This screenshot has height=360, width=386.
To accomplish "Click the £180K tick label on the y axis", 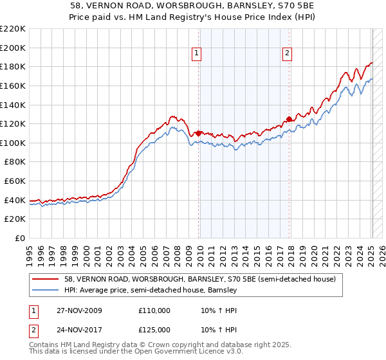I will pyautogui.click(x=13, y=66).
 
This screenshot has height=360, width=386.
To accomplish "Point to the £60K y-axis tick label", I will pyautogui.click(x=15, y=181).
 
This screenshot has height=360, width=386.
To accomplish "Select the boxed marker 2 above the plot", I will pyautogui.click(x=287, y=54).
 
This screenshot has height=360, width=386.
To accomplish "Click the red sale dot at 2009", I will pyautogui.click(x=198, y=133).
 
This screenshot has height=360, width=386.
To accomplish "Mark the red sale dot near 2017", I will pyautogui.click(x=289, y=119).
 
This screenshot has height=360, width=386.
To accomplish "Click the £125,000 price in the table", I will pyautogui.click(x=154, y=330).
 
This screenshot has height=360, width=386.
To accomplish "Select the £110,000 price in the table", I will pyautogui.click(x=154, y=310).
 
